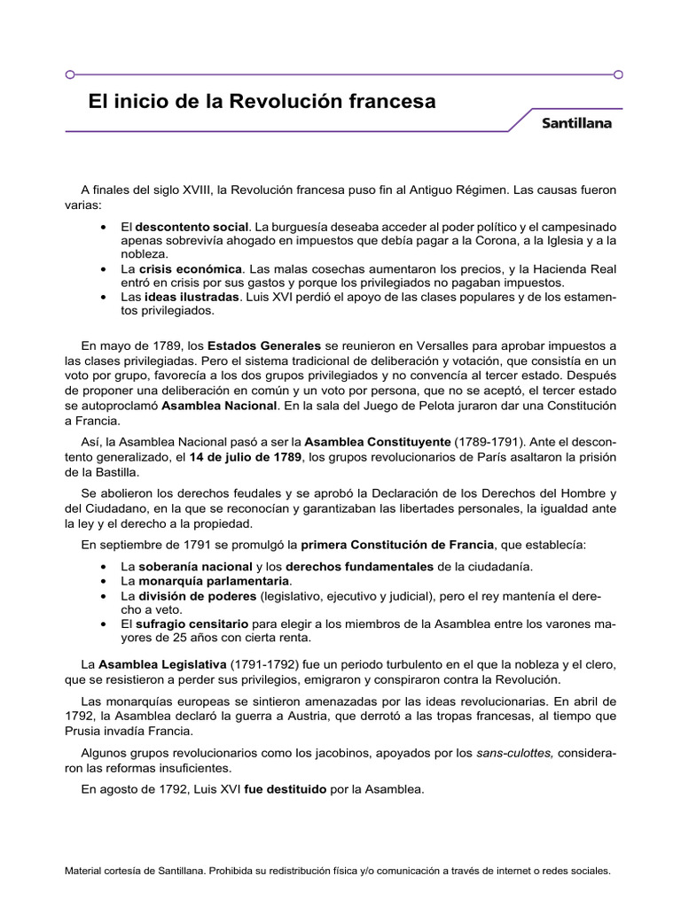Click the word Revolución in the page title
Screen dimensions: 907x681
click(277, 102)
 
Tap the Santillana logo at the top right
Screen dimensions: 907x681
click(576, 124)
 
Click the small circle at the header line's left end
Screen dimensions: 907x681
click(70, 74)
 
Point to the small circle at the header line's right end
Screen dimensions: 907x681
click(618, 74)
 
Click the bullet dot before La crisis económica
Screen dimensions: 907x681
click(105, 268)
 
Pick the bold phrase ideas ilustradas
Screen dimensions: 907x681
click(192, 297)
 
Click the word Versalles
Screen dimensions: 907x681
click(434, 345)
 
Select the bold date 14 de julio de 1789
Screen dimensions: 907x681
click(246, 456)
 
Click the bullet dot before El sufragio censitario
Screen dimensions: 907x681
click(105, 624)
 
